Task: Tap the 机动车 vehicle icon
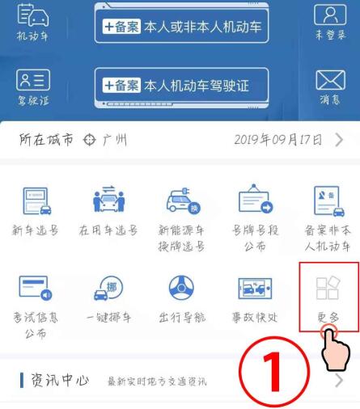point(33,15)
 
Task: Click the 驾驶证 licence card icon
point(33,80)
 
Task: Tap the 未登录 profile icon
point(330,15)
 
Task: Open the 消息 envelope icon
point(330,80)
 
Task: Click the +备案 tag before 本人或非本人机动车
point(121,27)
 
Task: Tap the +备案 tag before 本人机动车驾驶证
point(121,86)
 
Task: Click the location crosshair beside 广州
point(89,140)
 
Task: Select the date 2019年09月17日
point(278,140)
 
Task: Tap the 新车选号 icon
point(37,201)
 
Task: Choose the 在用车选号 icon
point(109,199)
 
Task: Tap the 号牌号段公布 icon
point(256,199)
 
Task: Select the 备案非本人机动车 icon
point(329,201)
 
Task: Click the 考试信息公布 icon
point(36,288)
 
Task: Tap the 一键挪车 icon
point(108,288)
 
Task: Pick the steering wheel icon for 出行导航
point(181,288)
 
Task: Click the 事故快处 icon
point(255,289)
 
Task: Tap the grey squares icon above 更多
point(328,288)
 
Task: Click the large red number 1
point(273,372)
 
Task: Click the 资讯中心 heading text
point(60,381)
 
